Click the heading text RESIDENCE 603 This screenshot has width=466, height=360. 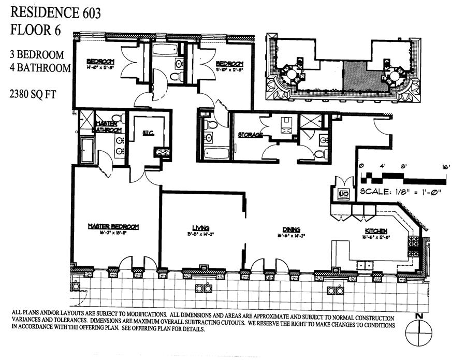(56, 13)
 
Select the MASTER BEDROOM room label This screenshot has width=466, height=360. (113, 227)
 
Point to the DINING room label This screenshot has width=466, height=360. (292, 229)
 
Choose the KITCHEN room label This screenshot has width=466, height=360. (377, 231)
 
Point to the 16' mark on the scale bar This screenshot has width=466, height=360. (446, 167)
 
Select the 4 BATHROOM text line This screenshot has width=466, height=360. (40, 67)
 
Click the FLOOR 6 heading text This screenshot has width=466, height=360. (36, 30)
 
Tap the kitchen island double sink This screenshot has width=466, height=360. (365, 265)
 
